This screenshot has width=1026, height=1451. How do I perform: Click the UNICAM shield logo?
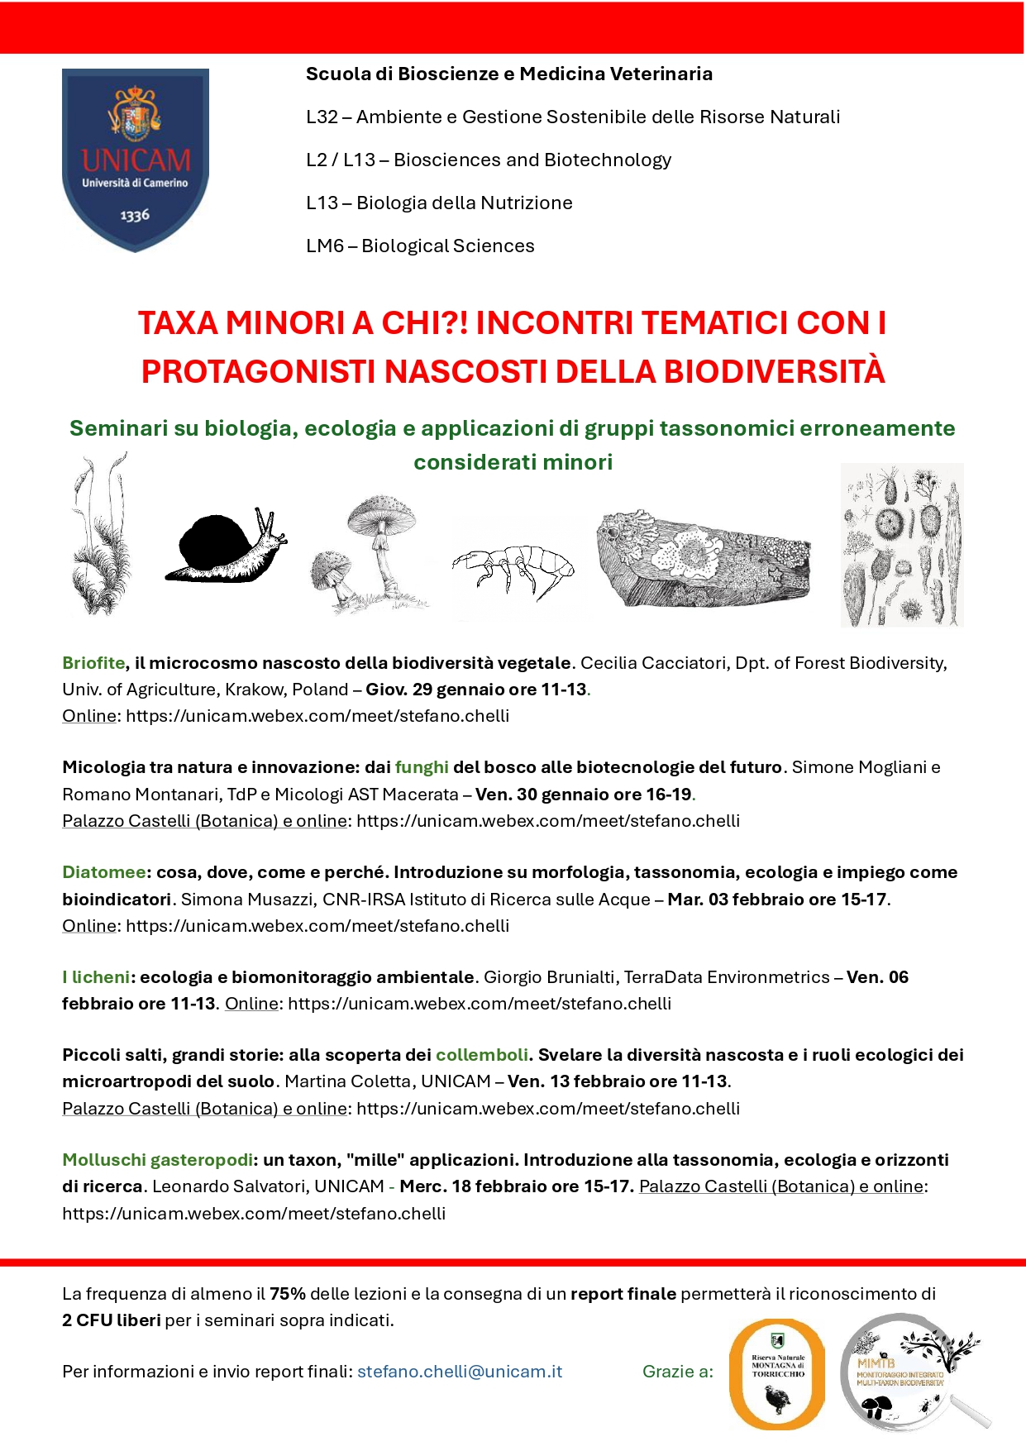click(x=136, y=159)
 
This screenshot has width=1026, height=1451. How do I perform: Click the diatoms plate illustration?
click(x=902, y=545)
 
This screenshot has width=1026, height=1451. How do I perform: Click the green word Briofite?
click(x=93, y=663)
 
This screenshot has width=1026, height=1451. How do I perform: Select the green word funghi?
click(x=422, y=767)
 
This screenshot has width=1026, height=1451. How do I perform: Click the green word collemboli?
click(x=482, y=1055)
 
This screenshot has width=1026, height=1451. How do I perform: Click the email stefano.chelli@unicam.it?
click(x=460, y=1372)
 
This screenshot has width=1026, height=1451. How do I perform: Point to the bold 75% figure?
click(x=288, y=1294)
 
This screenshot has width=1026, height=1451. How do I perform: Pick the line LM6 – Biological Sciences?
click(x=420, y=246)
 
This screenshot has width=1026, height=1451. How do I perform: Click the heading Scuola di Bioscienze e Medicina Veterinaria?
click(x=509, y=74)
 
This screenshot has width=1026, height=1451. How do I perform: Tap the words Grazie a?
click(x=678, y=1372)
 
